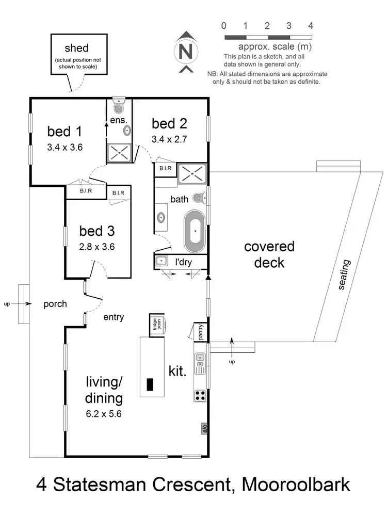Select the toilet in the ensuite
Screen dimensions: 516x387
(x=119, y=106)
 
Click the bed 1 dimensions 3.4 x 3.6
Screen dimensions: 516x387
(x=65, y=147)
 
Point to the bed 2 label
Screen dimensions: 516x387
(x=169, y=123)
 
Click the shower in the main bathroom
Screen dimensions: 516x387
(x=192, y=173)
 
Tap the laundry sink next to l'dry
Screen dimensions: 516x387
(x=160, y=262)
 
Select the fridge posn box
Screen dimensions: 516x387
(x=157, y=325)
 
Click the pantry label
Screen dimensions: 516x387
(x=200, y=332)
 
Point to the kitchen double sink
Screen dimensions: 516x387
(x=200, y=363)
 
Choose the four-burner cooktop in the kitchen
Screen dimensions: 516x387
(x=200, y=396)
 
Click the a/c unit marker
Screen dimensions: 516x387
(x=204, y=428)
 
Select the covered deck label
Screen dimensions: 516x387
(x=269, y=254)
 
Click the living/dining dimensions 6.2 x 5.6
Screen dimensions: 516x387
(x=105, y=413)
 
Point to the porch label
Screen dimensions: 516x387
(x=55, y=304)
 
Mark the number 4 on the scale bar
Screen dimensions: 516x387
(x=311, y=25)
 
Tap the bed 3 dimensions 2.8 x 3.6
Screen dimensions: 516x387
(x=97, y=247)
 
